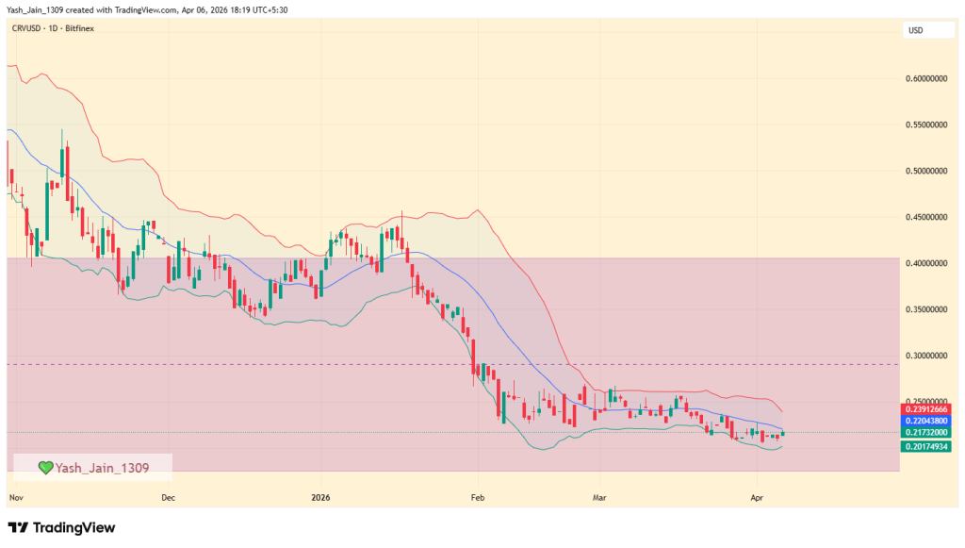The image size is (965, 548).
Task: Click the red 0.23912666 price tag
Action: click(926, 409)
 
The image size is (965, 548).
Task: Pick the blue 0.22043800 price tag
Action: click(926, 421)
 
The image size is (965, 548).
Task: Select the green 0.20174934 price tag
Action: click(926, 446)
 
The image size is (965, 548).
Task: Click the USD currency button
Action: click(915, 31)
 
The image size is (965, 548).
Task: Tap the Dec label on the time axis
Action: click(168, 496)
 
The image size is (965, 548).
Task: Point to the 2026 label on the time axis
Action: click(321, 496)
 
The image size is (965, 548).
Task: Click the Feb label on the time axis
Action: click(476, 496)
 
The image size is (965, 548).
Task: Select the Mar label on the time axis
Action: click(597, 496)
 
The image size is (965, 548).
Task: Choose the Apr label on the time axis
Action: click(756, 496)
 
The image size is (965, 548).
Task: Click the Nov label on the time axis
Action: click(15, 496)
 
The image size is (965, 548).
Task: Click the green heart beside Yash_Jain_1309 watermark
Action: click(44, 467)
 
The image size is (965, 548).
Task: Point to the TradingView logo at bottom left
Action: click(61, 528)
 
